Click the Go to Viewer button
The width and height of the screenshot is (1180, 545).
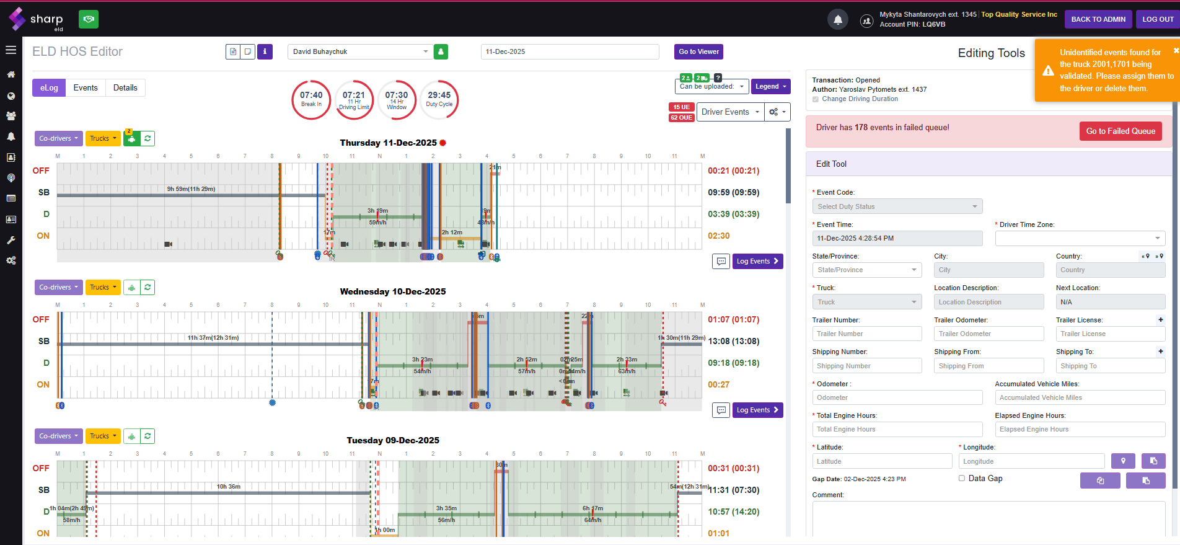tap(698, 52)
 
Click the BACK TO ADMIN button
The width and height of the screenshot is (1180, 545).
tap(1098, 19)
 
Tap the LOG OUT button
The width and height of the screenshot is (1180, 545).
tap(1157, 19)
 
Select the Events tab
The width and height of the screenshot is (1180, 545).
tap(86, 88)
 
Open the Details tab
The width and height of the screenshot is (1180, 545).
tap(125, 88)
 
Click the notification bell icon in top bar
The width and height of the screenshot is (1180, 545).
tap(837, 20)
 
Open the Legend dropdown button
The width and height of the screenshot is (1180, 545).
tap(770, 87)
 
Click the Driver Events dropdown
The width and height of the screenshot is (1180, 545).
tap(729, 112)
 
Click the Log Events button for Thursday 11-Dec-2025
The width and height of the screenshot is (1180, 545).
tap(757, 262)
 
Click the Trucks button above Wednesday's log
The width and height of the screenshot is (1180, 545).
tap(103, 288)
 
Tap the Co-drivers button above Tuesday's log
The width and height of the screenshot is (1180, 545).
tap(58, 436)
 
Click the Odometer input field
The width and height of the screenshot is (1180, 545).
tap(897, 398)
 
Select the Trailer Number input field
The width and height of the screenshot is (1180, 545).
tap(866, 334)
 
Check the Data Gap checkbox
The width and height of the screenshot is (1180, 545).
tap(962, 478)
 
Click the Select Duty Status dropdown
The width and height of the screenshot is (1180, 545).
tap(897, 207)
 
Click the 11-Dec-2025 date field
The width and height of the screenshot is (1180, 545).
tap(570, 52)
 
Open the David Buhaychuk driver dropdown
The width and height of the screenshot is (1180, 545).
tap(361, 52)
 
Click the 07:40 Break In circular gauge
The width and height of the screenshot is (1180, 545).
tap(311, 99)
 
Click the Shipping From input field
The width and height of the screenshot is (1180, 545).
tap(988, 366)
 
